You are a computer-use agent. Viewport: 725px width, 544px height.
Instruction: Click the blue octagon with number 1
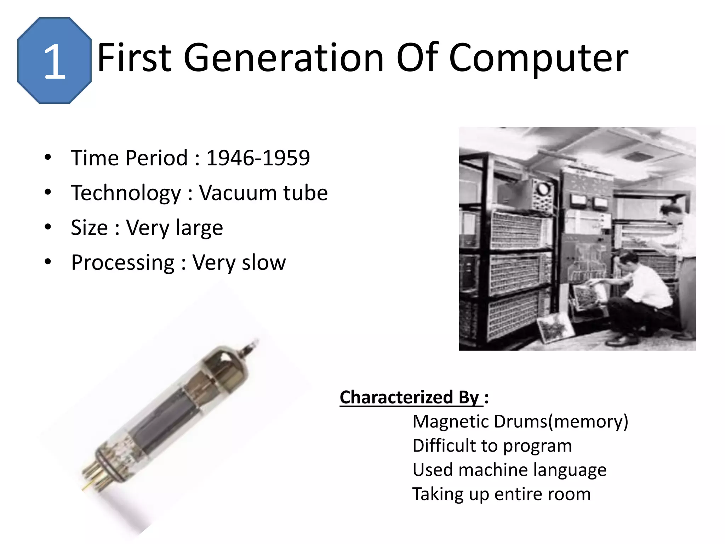pos(54,61)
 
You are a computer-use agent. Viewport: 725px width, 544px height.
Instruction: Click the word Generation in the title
pos(284,57)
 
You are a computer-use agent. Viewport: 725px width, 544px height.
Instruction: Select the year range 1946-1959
pos(258,158)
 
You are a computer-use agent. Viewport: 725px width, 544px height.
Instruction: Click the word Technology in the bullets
pos(126,193)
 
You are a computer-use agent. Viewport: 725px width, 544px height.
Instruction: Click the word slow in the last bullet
pos(268,262)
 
